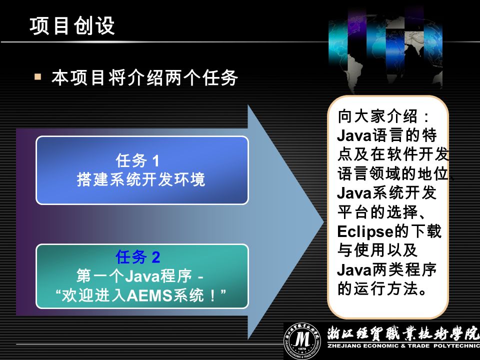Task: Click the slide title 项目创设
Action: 72,25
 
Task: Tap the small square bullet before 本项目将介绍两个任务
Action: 38,76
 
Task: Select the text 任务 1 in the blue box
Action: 137,160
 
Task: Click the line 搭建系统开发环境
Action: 141,179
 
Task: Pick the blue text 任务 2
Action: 138,256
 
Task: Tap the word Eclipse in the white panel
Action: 365,231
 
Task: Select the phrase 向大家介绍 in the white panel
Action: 377,116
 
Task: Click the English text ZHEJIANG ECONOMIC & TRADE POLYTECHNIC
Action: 403,346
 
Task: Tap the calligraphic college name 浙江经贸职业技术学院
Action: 403,333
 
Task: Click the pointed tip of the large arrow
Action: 323,221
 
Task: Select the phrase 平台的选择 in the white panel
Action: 377,212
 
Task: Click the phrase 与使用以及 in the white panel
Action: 377,250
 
